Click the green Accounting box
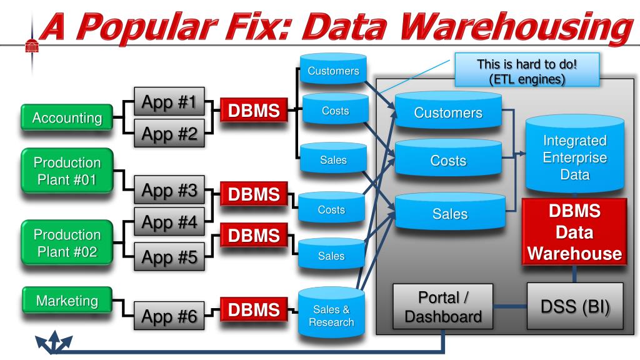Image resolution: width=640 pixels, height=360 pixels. tap(67, 117)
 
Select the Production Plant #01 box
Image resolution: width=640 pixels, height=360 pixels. tap(67, 171)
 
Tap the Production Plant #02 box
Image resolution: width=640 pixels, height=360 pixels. tap(67, 243)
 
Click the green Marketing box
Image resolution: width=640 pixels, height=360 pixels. tap(67, 301)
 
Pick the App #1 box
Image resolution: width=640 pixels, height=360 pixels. tap(169, 102)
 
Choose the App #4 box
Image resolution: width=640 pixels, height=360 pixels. tap(169, 222)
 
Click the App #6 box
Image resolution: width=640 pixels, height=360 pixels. tap(169, 316)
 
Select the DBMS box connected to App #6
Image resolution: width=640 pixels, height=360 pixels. tap(254, 309)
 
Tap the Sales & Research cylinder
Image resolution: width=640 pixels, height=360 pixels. tap(331, 313)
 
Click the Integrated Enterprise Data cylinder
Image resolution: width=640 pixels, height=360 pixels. tap(575, 155)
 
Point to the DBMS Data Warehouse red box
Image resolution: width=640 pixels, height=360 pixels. tap(574, 232)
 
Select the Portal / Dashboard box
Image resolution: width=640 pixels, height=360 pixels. tap(443, 306)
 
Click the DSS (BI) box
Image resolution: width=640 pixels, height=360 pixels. tap(575, 306)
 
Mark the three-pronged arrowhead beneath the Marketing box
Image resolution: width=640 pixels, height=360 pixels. tap(54, 342)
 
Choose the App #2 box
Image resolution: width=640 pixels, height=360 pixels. tap(169, 134)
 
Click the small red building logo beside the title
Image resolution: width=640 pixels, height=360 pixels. tap(32, 46)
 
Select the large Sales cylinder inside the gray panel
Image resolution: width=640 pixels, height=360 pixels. tap(450, 212)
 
